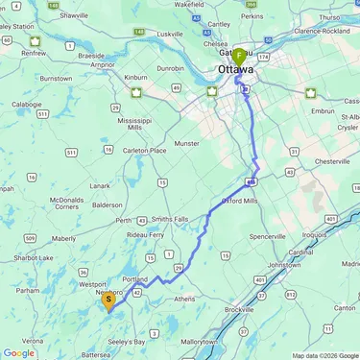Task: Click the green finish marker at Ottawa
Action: click(x=238, y=57)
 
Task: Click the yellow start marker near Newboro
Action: click(x=109, y=300)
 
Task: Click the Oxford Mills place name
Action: click(x=240, y=201)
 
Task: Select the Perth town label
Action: click(x=123, y=220)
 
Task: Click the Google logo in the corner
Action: click(x=18, y=353)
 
